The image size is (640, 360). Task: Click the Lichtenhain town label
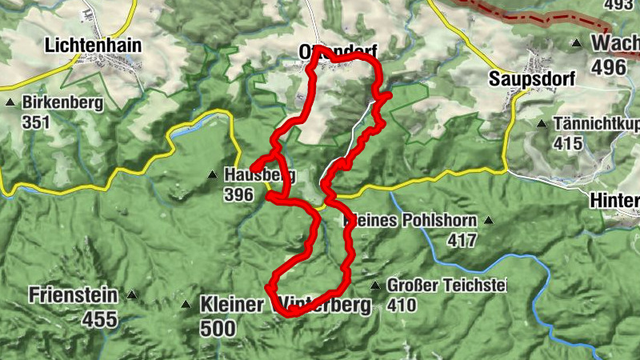coord(94,46)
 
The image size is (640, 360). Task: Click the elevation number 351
coord(36,122)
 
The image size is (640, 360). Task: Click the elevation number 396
coord(238,194)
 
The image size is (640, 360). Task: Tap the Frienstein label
coord(73,295)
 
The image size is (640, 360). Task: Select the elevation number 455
coord(99,320)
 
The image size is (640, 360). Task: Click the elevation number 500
coord(218,328)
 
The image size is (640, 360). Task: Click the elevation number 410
coord(402,305)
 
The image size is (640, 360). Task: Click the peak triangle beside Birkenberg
coord(10,103)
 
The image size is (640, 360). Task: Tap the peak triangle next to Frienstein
coord(132,295)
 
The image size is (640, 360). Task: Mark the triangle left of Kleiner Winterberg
coord(186,304)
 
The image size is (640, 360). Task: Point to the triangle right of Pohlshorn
coord(488,220)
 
